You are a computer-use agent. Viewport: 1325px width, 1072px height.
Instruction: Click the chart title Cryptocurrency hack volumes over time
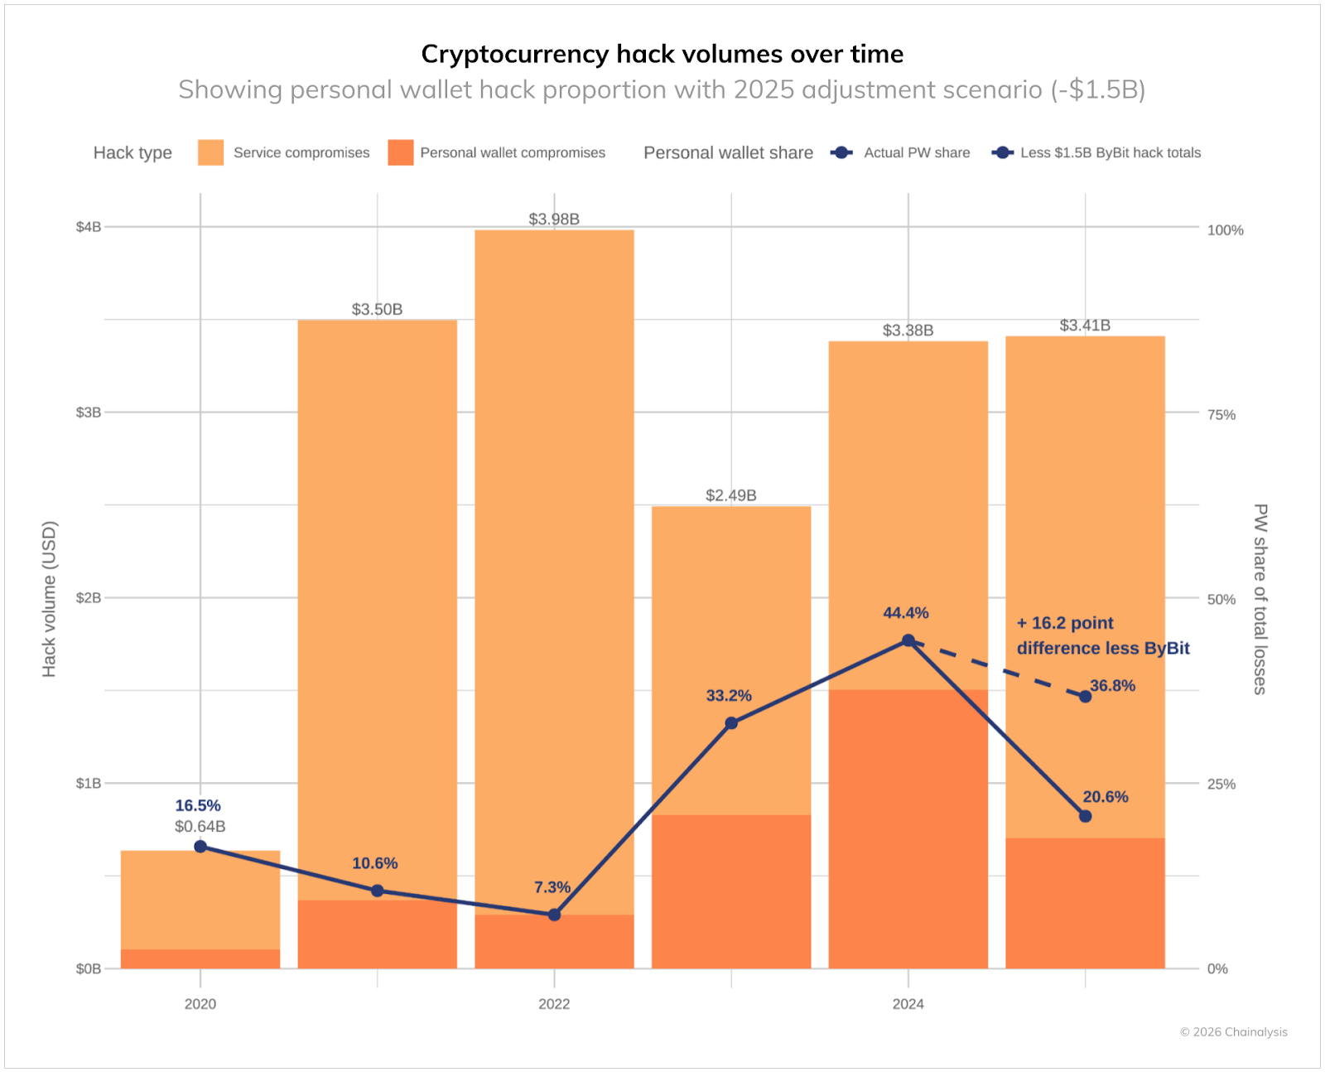point(662,54)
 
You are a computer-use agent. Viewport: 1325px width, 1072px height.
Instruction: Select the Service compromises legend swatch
point(210,152)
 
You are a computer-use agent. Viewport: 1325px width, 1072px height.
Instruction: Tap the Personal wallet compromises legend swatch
point(400,152)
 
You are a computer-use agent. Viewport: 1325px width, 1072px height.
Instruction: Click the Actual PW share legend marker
point(841,152)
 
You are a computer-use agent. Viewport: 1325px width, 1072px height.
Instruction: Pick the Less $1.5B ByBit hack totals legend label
point(1110,152)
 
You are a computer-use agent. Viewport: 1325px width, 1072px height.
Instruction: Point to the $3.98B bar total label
point(554,219)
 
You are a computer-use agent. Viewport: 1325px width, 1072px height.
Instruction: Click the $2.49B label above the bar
point(730,495)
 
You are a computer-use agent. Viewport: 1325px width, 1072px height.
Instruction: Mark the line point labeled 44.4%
point(908,640)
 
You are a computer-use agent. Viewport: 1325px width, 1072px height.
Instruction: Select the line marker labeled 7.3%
point(554,915)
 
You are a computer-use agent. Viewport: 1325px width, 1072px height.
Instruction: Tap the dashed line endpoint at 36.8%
point(1085,696)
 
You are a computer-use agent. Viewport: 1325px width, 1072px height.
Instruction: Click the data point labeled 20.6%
point(1085,816)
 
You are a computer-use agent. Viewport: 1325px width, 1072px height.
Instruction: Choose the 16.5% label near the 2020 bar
point(198,805)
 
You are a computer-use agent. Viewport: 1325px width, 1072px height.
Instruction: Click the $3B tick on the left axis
point(88,413)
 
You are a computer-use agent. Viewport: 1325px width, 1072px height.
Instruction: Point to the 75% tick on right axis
point(1221,415)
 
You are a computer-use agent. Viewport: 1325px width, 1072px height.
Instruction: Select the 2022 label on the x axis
point(554,1004)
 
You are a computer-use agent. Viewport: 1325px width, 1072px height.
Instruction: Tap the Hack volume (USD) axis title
point(49,598)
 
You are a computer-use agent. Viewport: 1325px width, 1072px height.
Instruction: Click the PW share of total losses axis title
point(1260,598)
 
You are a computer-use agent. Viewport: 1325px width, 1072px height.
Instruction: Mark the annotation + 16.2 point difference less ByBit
point(1102,635)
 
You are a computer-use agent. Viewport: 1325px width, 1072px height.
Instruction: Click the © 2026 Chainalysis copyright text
point(1233,1031)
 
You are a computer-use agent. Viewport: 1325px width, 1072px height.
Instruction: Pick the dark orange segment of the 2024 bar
point(908,828)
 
